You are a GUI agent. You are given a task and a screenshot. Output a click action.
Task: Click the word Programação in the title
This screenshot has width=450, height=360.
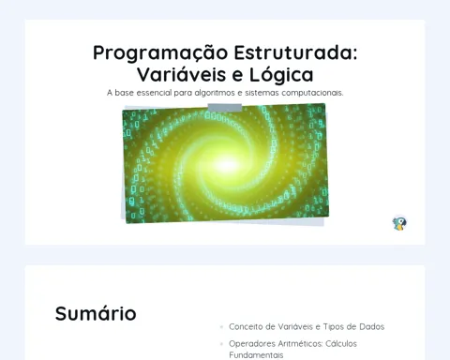point(160,53)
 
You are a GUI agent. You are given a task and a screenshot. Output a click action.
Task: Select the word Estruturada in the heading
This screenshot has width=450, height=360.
point(295,52)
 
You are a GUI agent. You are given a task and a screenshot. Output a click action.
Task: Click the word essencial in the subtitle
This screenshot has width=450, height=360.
point(154,93)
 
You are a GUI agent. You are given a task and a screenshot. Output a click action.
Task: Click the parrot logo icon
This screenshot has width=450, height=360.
point(399,223)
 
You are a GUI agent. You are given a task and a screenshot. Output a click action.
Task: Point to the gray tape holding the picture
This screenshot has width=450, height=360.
point(225,108)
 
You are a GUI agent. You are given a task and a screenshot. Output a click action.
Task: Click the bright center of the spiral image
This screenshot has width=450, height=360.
point(227,164)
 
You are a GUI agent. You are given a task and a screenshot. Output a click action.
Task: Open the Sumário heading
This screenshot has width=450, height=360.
point(96,313)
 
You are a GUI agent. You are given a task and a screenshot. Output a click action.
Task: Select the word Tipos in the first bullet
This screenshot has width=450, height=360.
point(334,327)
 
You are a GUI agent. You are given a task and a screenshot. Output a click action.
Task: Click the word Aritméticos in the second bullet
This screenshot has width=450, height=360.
point(300,343)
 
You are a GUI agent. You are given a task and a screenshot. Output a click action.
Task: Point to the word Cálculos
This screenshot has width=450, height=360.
point(341,343)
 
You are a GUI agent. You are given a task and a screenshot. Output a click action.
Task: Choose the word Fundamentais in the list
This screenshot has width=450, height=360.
point(256,355)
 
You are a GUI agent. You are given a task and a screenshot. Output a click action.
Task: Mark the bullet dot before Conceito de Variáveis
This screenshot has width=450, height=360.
point(221,327)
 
